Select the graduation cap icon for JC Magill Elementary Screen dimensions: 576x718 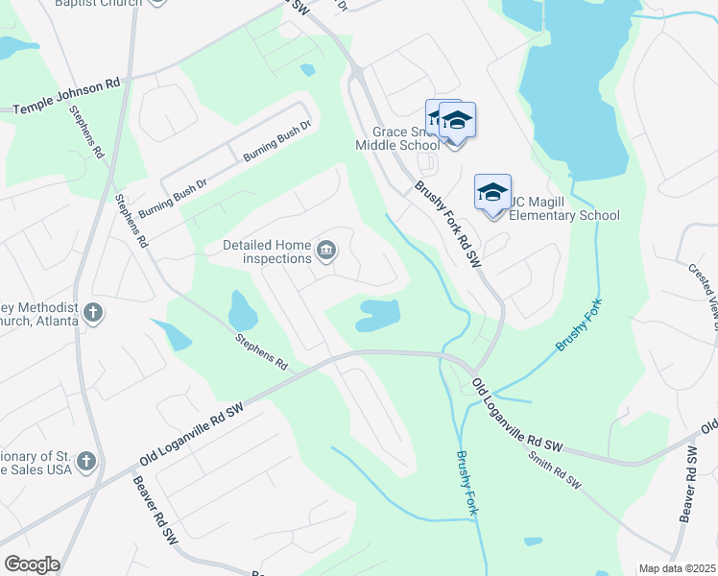click(x=492, y=192)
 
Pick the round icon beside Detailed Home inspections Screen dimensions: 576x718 click(x=326, y=252)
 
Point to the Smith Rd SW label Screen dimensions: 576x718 click(x=555, y=469)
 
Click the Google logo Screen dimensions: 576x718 click(x=32, y=564)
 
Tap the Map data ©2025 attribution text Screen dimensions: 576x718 click(x=677, y=568)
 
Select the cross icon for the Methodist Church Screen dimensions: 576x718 click(x=92, y=312)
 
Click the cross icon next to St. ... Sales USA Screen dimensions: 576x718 click(x=86, y=462)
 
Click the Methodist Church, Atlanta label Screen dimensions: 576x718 click(x=38, y=313)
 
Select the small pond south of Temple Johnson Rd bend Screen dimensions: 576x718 click(x=306, y=70)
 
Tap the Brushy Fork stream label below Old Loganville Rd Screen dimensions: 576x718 click(x=466, y=483)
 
